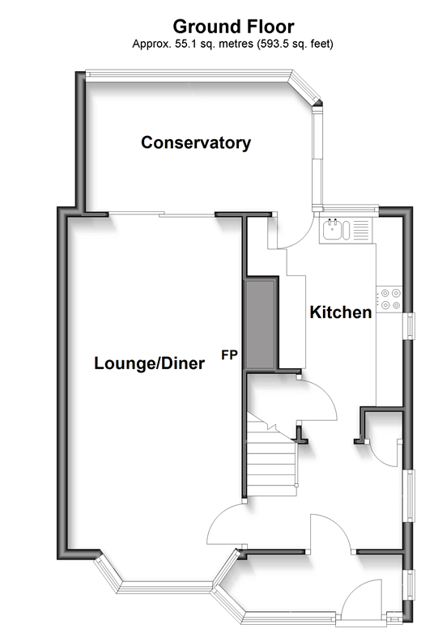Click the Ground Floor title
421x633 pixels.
pos(233,27)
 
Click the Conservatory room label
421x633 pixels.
pos(196,143)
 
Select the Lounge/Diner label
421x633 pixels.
pos(149,363)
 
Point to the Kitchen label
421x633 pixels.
pos(341,312)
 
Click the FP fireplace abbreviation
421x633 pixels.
pos(229,355)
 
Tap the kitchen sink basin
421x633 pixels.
pos(333,229)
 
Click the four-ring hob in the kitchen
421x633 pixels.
pos(389,300)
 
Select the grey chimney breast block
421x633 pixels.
pos(261,325)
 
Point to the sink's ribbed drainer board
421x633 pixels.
pos(361,230)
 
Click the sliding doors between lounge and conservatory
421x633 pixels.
pos(161,215)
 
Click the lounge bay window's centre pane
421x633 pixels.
pos(164,587)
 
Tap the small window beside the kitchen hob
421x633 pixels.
pos(410,326)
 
